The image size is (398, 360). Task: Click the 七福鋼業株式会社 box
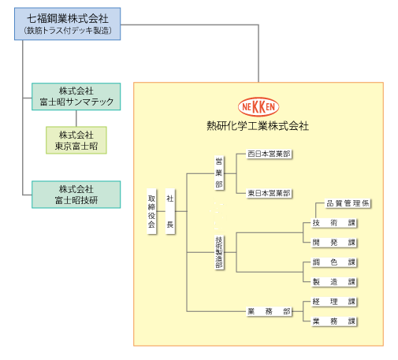[x=68, y=24]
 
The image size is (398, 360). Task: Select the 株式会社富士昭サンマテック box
[x=76, y=97]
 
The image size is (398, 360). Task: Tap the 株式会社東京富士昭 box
[x=76, y=140]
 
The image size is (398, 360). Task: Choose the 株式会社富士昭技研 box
[x=76, y=195]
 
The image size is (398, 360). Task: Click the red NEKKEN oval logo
[x=259, y=107]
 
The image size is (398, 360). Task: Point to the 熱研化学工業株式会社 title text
[x=258, y=126]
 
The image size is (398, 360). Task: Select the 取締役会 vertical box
[x=151, y=211]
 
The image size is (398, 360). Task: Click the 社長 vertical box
[x=170, y=211]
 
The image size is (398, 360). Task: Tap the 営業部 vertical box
[x=219, y=173]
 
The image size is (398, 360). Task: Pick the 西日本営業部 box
[x=269, y=154]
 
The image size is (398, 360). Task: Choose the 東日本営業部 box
[x=269, y=193]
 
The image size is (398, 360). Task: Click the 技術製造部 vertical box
[x=219, y=252]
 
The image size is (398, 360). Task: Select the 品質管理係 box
[x=348, y=203]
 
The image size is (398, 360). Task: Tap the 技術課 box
[x=333, y=223]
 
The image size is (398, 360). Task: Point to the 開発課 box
[x=333, y=243]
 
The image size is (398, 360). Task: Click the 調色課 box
[x=333, y=262]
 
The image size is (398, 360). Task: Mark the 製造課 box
[x=333, y=282]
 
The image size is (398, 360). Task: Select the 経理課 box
[x=333, y=302]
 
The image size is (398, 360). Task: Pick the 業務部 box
[x=269, y=311]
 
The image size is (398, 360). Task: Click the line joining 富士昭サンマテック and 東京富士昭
[x=76, y=118]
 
